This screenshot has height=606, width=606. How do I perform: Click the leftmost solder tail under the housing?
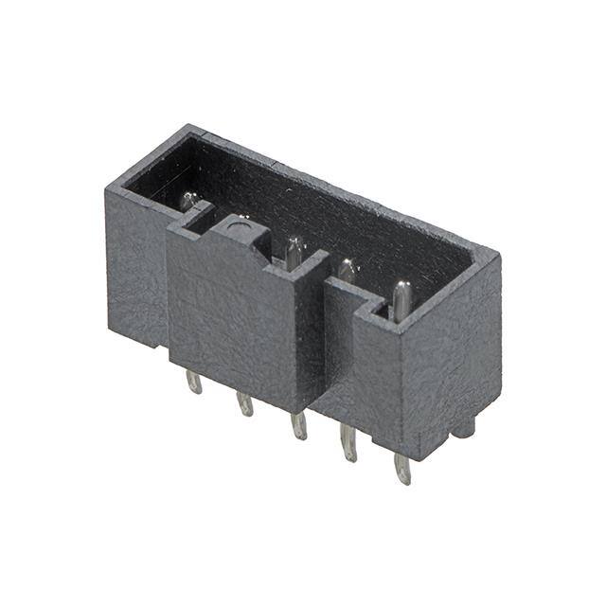(x=193, y=382)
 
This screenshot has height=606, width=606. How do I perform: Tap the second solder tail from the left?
(x=245, y=403)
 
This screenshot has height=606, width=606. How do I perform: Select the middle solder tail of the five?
(x=299, y=425)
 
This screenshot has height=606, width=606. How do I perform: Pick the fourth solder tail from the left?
(x=349, y=443)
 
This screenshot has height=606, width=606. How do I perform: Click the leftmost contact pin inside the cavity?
(x=189, y=201)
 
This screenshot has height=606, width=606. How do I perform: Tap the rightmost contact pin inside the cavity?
(x=402, y=298)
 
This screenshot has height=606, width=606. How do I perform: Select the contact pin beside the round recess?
(x=294, y=253)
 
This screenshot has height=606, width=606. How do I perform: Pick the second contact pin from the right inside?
(x=348, y=272)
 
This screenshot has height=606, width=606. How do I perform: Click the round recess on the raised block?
(x=238, y=225)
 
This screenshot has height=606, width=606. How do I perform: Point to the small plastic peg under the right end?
(x=462, y=428)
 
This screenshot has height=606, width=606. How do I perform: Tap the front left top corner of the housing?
(x=107, y=188)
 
